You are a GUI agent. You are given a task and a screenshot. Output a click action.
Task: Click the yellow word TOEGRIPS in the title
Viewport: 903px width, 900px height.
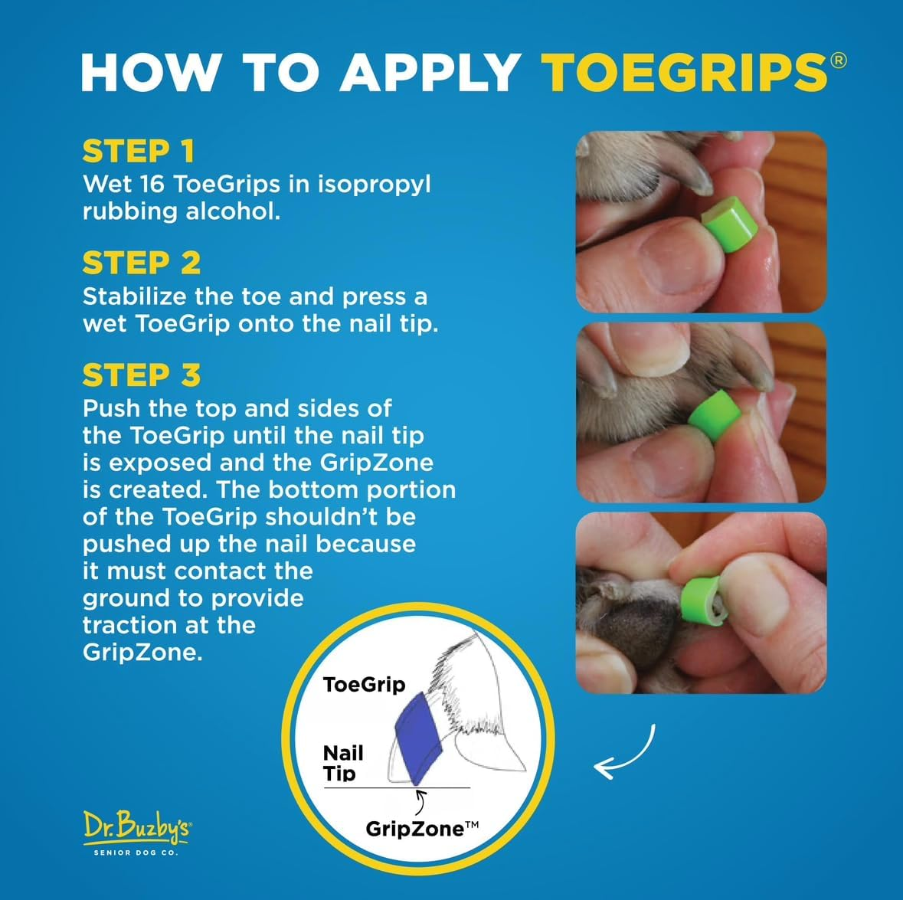684,73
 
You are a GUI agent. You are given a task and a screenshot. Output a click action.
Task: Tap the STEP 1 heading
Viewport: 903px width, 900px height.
139,152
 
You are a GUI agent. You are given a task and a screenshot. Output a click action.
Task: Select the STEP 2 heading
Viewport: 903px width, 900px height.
142,263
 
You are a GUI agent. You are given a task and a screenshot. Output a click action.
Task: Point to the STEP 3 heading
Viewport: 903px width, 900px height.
142,376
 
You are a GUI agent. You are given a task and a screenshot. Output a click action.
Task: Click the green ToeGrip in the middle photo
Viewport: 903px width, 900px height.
714,414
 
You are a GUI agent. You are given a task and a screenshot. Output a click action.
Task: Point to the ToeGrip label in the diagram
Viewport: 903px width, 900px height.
364,685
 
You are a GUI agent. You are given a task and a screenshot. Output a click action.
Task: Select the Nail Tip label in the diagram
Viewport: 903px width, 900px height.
342,763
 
